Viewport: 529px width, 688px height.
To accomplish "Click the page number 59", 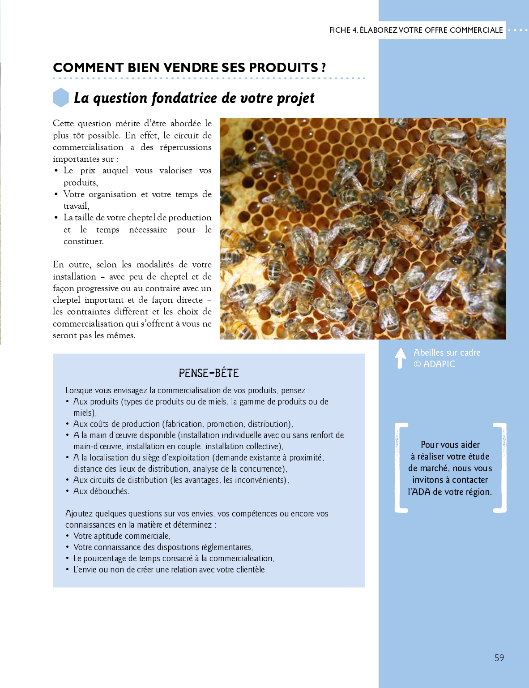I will click(x=499, y=658).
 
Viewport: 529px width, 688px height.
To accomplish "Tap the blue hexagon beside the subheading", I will click(x=61, y=98).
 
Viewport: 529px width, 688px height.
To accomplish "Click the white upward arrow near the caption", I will click(x=401, y=358).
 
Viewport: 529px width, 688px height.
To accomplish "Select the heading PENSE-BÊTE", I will click(x=209, y=373).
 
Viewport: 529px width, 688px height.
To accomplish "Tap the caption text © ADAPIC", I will click(x=434, y=364).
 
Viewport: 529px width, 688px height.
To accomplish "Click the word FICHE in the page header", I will click(x=340, y=30).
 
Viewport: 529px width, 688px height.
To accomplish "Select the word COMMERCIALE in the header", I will click(x=476, y=30).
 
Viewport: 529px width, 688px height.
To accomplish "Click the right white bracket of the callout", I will click(x=500, y=467).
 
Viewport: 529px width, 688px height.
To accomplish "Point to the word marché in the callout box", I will click(x=434, y=468).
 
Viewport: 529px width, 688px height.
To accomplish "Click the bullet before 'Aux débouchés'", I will click(x=68, y=491).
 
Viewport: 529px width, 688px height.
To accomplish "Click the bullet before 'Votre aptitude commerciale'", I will click(x=68, y=536).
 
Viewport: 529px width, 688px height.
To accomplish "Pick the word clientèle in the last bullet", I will click(x=247, y=570).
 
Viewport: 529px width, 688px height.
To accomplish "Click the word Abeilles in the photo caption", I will click(x=428, y=353).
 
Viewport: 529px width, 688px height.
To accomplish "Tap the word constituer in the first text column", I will click(x=83, y=241).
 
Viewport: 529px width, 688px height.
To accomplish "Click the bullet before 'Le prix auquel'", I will click(x=56, y=171).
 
